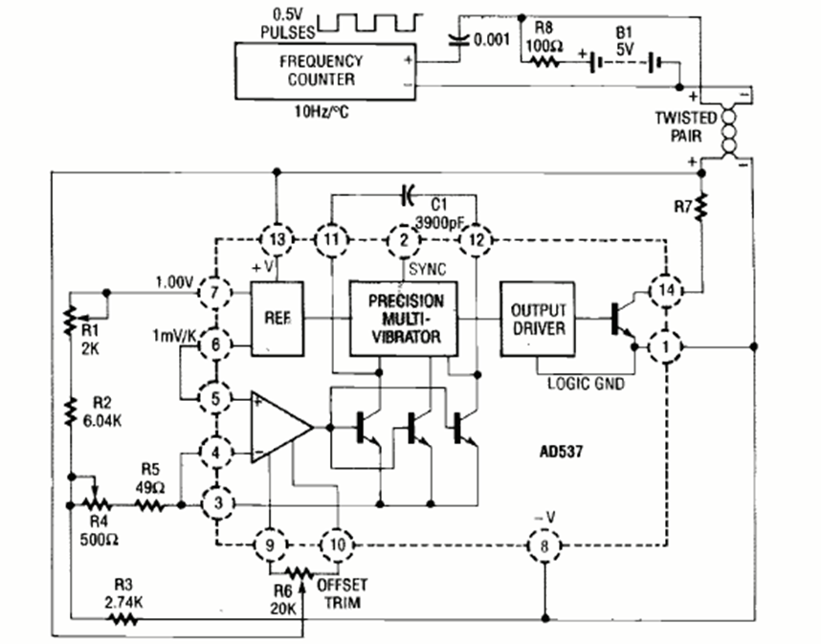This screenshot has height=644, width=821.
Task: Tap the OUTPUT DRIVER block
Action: pos(538,319)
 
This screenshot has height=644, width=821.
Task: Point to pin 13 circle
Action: pos(277,238)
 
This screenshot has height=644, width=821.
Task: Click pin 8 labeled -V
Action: pos(544,545)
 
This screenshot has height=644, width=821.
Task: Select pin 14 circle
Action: pos(665,290)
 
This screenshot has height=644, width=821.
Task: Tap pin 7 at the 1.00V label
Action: pos(214,289)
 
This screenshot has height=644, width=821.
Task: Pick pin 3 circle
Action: pos(214,500)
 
